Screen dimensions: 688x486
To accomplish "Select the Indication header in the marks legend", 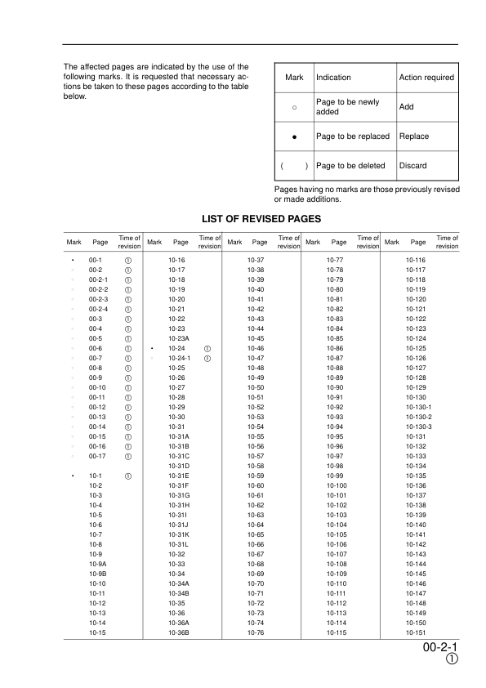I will pyautogui.click(x=333, y=78).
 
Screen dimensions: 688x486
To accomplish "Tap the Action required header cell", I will pyautogui.click(x=426, y=78).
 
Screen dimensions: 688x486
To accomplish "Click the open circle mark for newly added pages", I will pyautogui.click(x=294, y=108).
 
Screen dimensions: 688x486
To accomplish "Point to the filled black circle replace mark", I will pyautogui.click(x=294, y=136).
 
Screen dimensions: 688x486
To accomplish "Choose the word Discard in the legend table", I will pyautogui.click(x=412, y=166).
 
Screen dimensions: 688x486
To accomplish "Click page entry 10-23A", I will pyautogui.click(x=178, y=338).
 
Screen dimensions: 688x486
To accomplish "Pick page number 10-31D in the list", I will pyautogui.click(x=178, y=466).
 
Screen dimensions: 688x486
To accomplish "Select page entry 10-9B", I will pyautogui.click(x=98, y=574).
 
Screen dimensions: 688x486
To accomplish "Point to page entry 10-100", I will pyautogui.click(x=337, y=485).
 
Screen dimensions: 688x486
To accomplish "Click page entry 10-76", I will pyautogui.click(x=257, y=632).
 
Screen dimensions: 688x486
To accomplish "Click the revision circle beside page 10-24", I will pyautogui.click(x=208, y=348).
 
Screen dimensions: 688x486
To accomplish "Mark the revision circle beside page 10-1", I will pyautogui.click(x=128, y=476).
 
